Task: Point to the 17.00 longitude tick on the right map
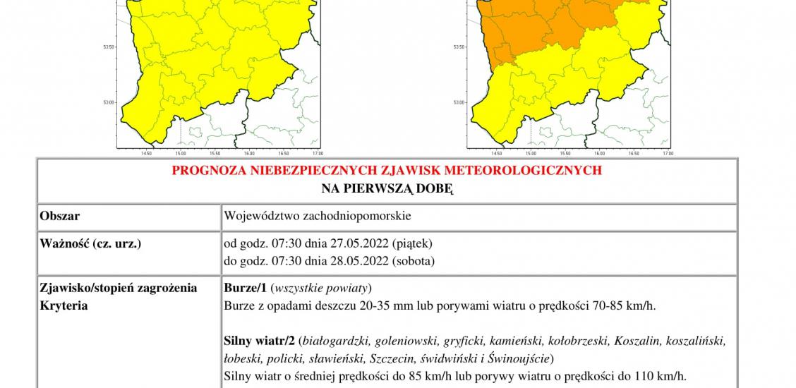point(668,153)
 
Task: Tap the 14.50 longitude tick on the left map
point(147,153)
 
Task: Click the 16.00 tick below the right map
point(599,153)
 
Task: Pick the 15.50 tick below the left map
point(215,153)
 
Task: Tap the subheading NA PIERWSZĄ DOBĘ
point(387,188)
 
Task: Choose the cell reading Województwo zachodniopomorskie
point(318,215)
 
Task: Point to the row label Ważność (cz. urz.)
point(91,243)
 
